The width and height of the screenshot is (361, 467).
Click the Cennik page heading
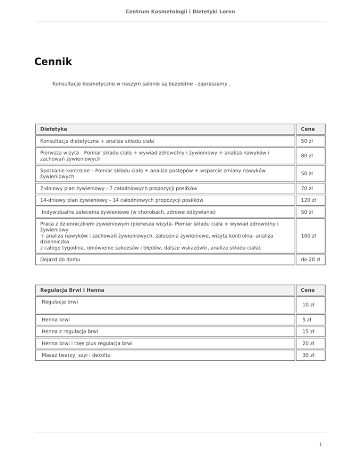[53, 62]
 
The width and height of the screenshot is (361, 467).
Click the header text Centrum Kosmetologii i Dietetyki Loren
[180, 11]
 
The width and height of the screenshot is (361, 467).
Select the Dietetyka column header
[54, 128]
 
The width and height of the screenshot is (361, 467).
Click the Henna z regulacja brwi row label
[70, 331]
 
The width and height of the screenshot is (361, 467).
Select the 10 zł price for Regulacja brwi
[308, 305]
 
